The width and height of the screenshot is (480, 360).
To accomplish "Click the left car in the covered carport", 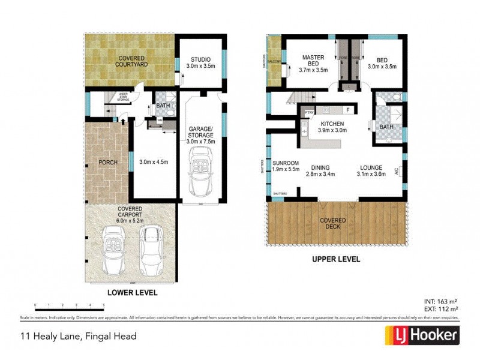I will [113, 248].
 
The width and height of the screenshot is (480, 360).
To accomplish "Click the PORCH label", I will [108, 162].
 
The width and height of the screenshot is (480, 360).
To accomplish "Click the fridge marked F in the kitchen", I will [347, 110].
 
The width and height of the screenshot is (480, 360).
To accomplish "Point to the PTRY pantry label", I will [310, 112].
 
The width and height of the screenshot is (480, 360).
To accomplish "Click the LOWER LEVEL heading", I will [132, 293].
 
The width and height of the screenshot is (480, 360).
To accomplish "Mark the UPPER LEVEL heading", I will [335, 259].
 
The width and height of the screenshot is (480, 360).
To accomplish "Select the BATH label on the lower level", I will [163, 106].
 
